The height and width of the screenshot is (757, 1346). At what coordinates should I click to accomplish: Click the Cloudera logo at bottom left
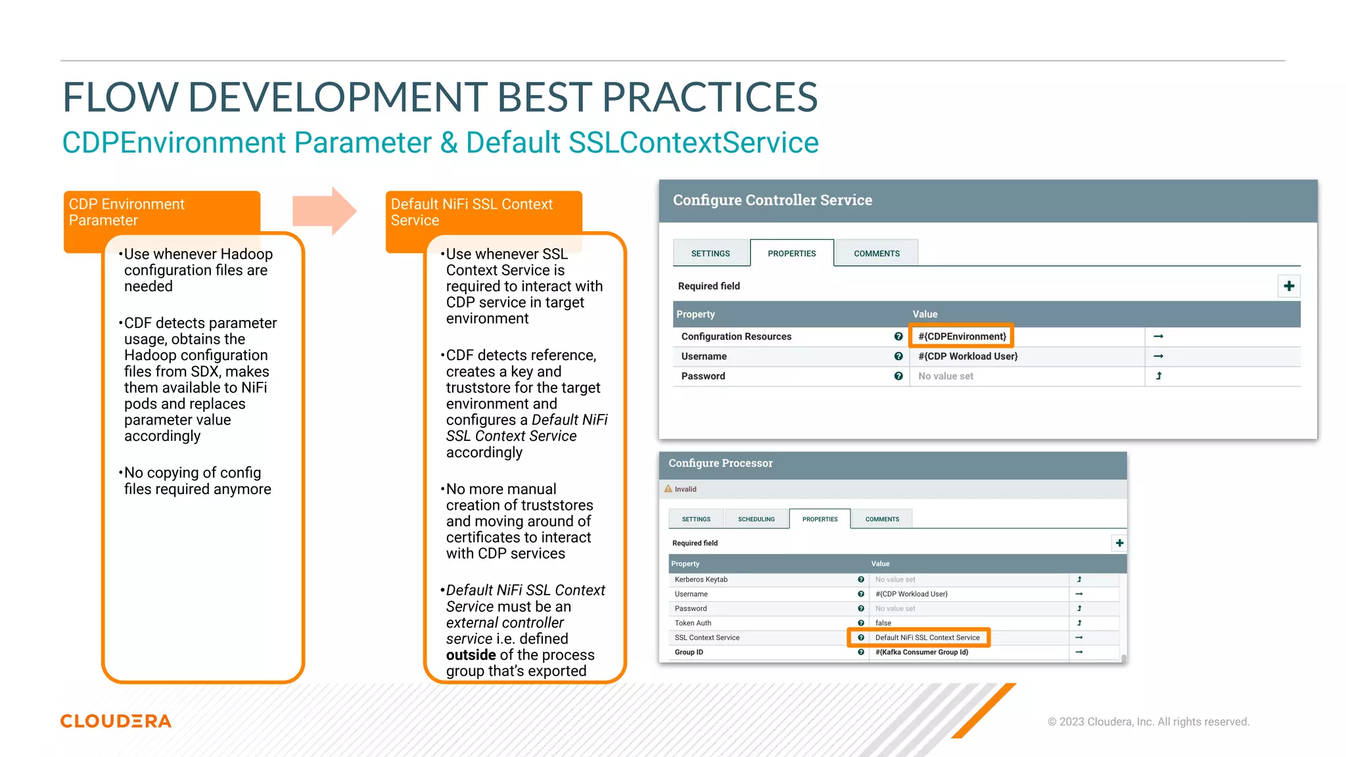(x=116, y=721)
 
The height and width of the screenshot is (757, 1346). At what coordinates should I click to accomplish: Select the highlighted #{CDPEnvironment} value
(x=962, y=336)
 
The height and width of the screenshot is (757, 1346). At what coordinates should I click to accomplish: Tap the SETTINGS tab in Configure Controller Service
(x=710, y=254)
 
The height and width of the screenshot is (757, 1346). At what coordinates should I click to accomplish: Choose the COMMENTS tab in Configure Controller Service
(x=876, y=254)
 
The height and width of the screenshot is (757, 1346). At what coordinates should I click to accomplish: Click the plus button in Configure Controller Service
(x=1288, y=286)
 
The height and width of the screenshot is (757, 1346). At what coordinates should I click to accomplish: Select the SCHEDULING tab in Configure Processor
(x=756, y=519)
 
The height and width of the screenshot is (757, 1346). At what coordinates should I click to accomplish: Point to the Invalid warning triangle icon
(x=668, y=489)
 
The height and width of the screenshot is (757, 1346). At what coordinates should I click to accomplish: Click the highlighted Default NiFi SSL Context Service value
(x=927, y=637)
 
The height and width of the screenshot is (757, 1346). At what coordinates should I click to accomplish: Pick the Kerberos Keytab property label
(x=701, y=580)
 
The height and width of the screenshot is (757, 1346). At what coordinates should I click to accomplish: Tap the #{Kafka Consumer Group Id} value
(x=921, y=652)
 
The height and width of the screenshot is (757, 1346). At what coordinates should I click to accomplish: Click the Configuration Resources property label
(x=736, y=336)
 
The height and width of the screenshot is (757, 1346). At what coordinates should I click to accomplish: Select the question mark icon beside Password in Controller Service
(x=898, y=376)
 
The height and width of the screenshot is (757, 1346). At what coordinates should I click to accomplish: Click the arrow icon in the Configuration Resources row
(x=1159, y=336)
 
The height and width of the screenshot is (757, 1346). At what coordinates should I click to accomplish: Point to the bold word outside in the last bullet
(x=471, y=655)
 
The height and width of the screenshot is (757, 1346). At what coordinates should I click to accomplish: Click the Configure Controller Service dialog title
(x=772, y=200)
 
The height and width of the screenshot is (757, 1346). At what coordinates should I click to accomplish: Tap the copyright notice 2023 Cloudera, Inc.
(x=1148, y=722)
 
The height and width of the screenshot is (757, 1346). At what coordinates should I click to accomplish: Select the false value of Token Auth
(x=883, y=623)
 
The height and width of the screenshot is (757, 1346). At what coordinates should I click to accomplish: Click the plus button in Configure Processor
(x=1119, y=543)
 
